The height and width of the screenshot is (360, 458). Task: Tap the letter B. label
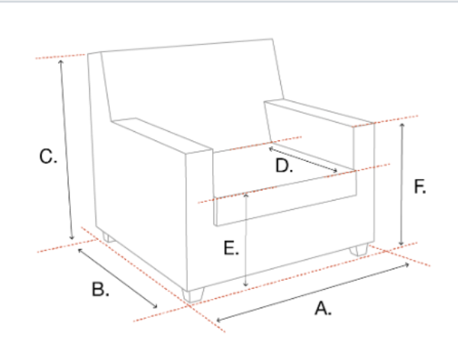point(99,289)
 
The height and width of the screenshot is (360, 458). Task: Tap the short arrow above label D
point(303,160)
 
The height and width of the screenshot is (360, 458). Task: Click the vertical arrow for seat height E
point(246,239)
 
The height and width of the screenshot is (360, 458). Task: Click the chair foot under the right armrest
point(359,249)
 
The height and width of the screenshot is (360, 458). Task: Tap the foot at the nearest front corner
point(195,294)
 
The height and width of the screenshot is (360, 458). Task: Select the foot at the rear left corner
point(108,238)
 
